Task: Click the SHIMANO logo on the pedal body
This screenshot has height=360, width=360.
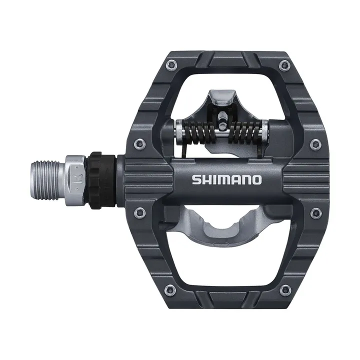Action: (226, 179)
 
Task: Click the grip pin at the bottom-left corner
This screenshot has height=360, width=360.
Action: (170, 289)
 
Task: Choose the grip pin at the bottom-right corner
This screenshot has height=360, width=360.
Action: (285, 289)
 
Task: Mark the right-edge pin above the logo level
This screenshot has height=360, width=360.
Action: (315, 144)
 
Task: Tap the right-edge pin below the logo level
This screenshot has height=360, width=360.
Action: (315, 212)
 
